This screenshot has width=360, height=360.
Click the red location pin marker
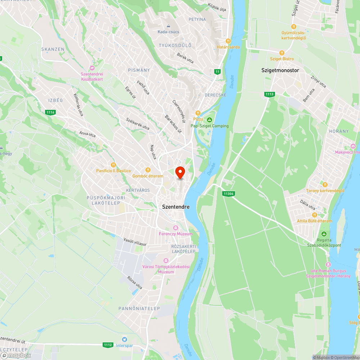pos(180,172)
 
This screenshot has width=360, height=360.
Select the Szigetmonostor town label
pos(280,71)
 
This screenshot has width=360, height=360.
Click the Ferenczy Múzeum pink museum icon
pos(176,228)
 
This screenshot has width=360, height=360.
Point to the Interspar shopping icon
pos(125,339)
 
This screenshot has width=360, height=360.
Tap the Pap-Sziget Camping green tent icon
pos(210,120)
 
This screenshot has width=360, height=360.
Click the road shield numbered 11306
pos(228,194)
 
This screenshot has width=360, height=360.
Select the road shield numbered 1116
pos(51,112)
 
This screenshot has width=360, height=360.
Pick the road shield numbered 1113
pos(269,94)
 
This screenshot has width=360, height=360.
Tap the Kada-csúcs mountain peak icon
pos(168,26)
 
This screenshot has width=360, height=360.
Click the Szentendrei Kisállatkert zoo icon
pos(92,68)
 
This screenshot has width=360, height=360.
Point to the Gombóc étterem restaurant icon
pos(147,170)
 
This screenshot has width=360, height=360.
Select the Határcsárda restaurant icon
pos(228,41)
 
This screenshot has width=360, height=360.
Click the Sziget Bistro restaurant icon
pos(282,53)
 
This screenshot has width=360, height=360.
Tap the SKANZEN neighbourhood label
pos(53,49)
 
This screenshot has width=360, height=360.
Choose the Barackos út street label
pos(173,125)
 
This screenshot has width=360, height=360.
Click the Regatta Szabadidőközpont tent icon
pos(324,234)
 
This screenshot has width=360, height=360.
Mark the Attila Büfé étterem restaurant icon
pos(314,215)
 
